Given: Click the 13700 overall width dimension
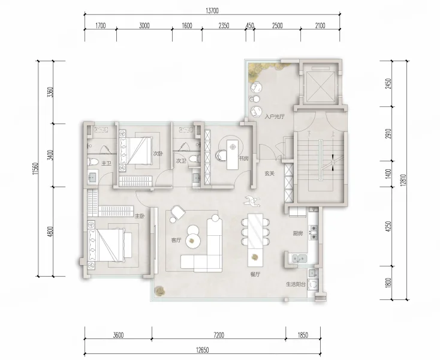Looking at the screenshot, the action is pos(212,11).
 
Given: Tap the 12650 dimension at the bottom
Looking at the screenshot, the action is pos(203,350).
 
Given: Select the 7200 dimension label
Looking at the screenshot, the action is pos(219,335).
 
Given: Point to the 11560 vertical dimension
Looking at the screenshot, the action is pos(35,169).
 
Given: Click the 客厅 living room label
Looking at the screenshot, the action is pos(176,241).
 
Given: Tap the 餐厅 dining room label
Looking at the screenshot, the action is pos(255,275).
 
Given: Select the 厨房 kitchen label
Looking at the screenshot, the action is pos(298,233).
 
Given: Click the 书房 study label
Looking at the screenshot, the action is pos(243,158).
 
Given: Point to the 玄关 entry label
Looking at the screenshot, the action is pos(269,173).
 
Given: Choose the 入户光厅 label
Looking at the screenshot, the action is pos(275,116).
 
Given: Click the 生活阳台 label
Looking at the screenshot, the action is pos(296,284).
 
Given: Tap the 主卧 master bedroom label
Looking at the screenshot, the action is pos(139,216).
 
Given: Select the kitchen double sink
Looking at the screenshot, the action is pos(299,258).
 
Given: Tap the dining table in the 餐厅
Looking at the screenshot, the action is pos(255,241).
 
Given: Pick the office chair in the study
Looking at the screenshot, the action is pos(221,155).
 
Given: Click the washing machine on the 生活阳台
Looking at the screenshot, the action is pos(312,284).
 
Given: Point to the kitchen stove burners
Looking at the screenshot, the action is pos(313,233).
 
